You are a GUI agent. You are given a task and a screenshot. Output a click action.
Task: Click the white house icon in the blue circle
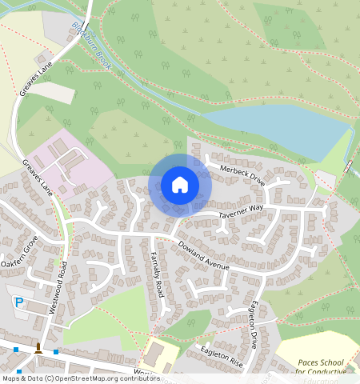pyautogui.click(x=180, y=185)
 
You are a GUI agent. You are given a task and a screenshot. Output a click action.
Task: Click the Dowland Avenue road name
pyautogui.click(x=203, y=254)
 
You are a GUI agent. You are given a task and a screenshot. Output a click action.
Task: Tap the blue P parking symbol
pyautogui.click(x=19, y=302)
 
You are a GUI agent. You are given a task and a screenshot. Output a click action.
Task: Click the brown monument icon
pyautogui.click(x=38, y=347)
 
